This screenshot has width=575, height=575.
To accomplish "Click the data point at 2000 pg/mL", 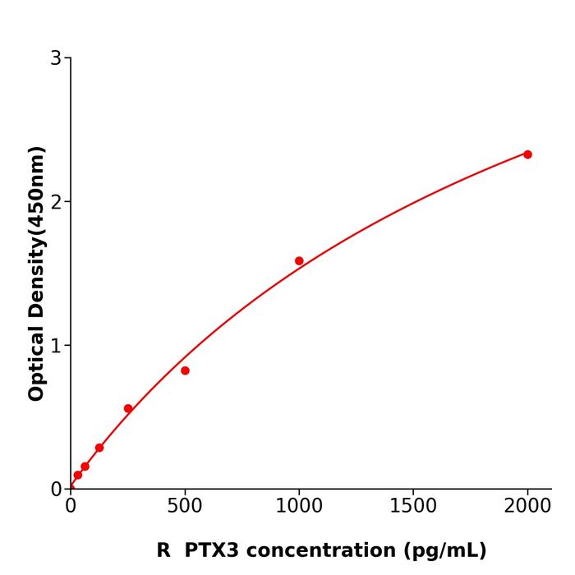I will (527, 154).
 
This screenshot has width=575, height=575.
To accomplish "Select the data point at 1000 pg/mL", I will (299, 261).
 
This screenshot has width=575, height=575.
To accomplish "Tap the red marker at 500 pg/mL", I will (185, 370).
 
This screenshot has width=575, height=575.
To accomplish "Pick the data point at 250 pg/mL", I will (128, 408).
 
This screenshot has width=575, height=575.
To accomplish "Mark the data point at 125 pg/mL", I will (99, 448).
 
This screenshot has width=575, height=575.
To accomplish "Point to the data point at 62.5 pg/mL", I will (85, 467).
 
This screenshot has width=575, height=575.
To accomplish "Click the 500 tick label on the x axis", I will (185, 507).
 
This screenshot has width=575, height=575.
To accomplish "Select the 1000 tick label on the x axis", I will (299, 507).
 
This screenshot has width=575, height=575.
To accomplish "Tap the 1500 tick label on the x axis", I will (413, 507).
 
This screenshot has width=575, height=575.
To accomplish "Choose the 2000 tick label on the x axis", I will (527, 507).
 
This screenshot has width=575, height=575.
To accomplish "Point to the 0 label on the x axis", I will (71, 507).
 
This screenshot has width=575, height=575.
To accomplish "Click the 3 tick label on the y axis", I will (56, 58).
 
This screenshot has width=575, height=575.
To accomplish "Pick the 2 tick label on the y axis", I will (56, 202).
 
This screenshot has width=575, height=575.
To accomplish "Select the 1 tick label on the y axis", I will (56, 346).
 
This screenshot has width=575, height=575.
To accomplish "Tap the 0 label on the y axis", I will (56, 490).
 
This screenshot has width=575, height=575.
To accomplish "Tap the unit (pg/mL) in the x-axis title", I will (444, 551).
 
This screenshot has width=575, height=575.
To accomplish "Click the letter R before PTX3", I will (163, 550).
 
